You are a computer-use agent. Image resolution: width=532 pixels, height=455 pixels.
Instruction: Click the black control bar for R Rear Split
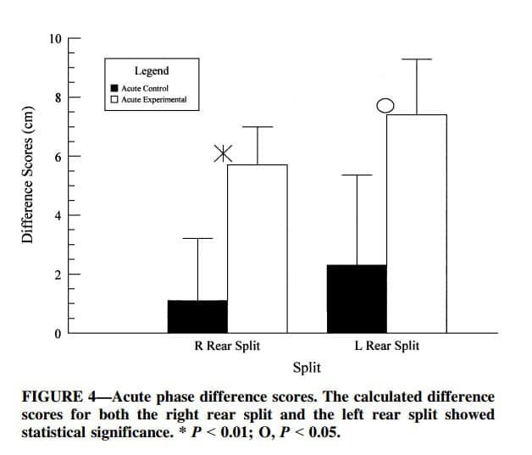point(197,316)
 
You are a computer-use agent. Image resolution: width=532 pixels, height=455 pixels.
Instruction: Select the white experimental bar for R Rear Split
point(257,248)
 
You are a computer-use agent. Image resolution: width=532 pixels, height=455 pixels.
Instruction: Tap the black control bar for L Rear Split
point(357,298)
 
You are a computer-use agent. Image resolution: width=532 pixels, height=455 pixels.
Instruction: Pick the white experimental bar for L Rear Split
point(416,223)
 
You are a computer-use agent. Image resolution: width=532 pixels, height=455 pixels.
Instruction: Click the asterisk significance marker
point(222,153)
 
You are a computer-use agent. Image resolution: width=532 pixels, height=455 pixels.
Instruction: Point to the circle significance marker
point(385,105)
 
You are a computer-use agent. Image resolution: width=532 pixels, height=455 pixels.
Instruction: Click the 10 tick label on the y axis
point(55,38)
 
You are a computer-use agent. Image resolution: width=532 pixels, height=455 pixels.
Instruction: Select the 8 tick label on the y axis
point(58,97)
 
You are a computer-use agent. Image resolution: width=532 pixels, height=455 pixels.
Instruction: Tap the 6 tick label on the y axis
point(58,157)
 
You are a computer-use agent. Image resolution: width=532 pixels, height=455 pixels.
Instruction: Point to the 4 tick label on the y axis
point(58,215)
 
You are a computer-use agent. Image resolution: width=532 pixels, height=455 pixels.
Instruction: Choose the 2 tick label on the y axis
point(58,275)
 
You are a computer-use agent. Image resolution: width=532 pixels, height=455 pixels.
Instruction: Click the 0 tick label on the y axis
point(58,334)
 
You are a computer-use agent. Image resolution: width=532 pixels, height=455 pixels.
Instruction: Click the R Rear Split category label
point(227,346)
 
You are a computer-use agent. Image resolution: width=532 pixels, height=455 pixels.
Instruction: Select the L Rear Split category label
point(386,346)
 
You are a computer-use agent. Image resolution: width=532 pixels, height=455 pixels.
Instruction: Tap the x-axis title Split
point(306,367)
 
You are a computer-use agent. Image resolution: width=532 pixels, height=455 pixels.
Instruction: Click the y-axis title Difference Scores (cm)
point(27,175)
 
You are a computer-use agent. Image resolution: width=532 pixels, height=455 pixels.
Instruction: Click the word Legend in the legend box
point(152,71)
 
